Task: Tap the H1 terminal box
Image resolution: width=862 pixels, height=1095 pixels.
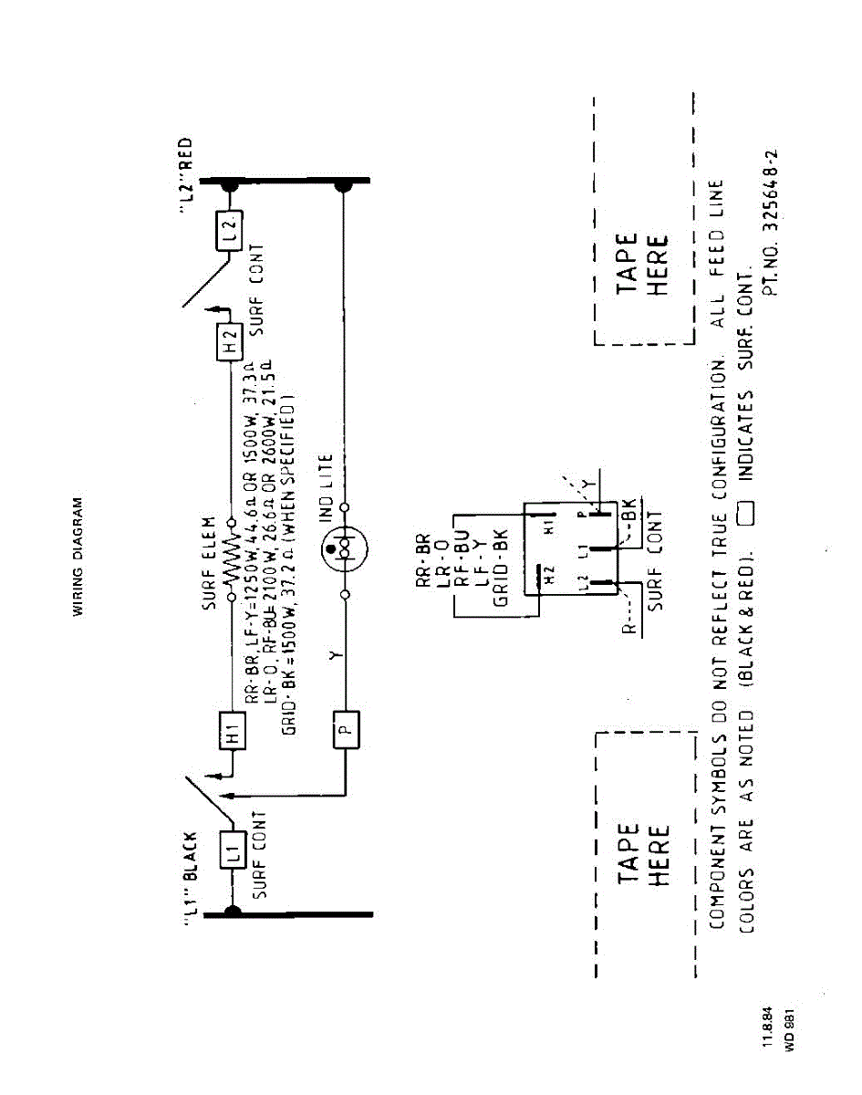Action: pyautogui.click(x=234, y=730)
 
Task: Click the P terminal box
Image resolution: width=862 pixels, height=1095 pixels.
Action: pyautogui.click(x=346, y=726)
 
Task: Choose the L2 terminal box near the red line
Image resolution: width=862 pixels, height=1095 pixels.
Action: pyautogui.click(x=231, y=231)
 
